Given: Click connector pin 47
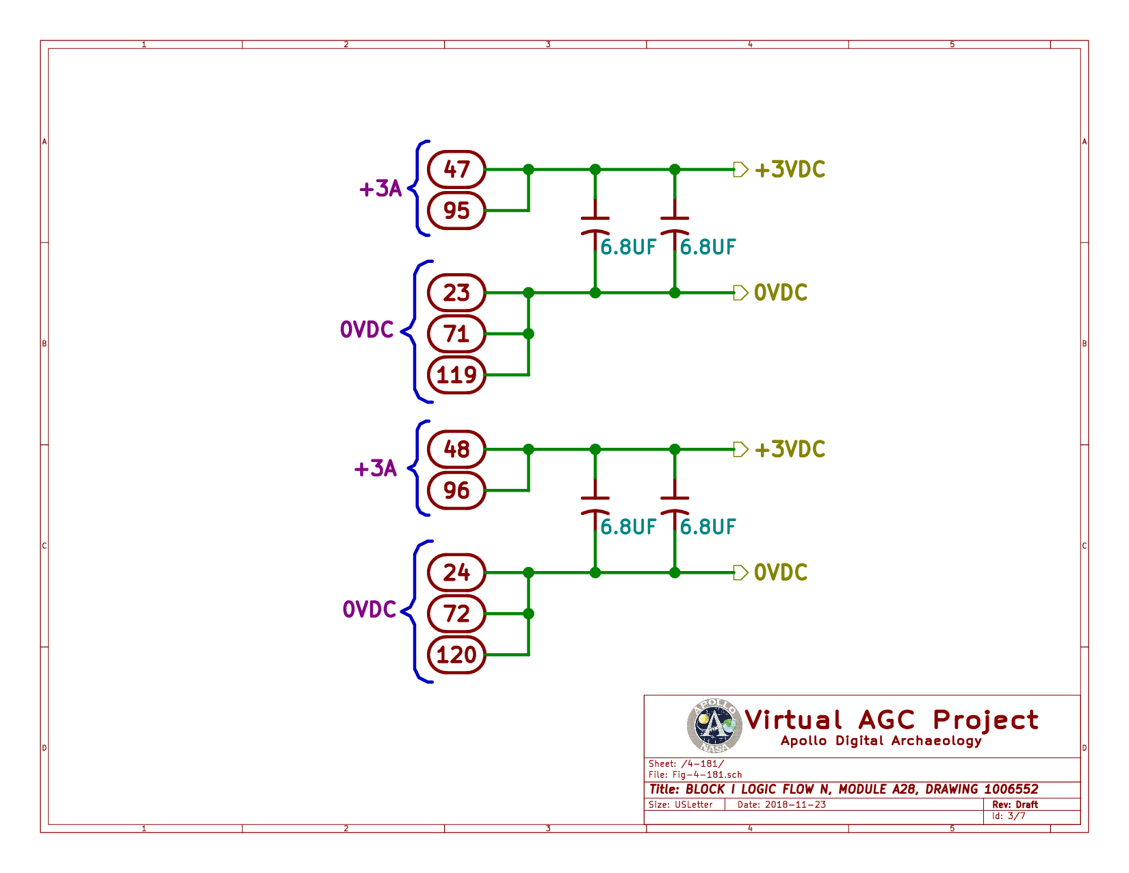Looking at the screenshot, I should (456, 169).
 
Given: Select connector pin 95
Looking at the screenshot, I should (456, 210).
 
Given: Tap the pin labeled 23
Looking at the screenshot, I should (456, 293).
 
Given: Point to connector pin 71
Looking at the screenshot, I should (456, 334).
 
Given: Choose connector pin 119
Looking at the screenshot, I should (456, 375).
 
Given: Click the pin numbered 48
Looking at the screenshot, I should (456, 449).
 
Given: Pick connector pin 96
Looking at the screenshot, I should (456, 490).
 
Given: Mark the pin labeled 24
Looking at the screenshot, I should (456, 572).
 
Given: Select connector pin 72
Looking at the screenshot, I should (456, 613).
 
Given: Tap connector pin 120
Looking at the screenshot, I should (456, 655).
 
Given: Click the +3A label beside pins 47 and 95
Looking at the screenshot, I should (380, 189).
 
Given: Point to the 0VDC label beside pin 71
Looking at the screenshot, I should (367, 330).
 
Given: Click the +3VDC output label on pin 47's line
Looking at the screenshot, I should (790, 169).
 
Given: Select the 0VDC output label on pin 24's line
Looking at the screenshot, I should (780, 572).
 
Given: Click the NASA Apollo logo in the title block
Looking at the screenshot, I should (714, 725).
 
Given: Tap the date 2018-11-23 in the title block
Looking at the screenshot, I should (795, 805).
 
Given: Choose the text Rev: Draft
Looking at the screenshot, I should (1015, 805).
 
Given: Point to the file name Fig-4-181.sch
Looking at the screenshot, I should (707, 774).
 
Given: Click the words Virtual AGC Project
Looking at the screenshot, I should (892, 720).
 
